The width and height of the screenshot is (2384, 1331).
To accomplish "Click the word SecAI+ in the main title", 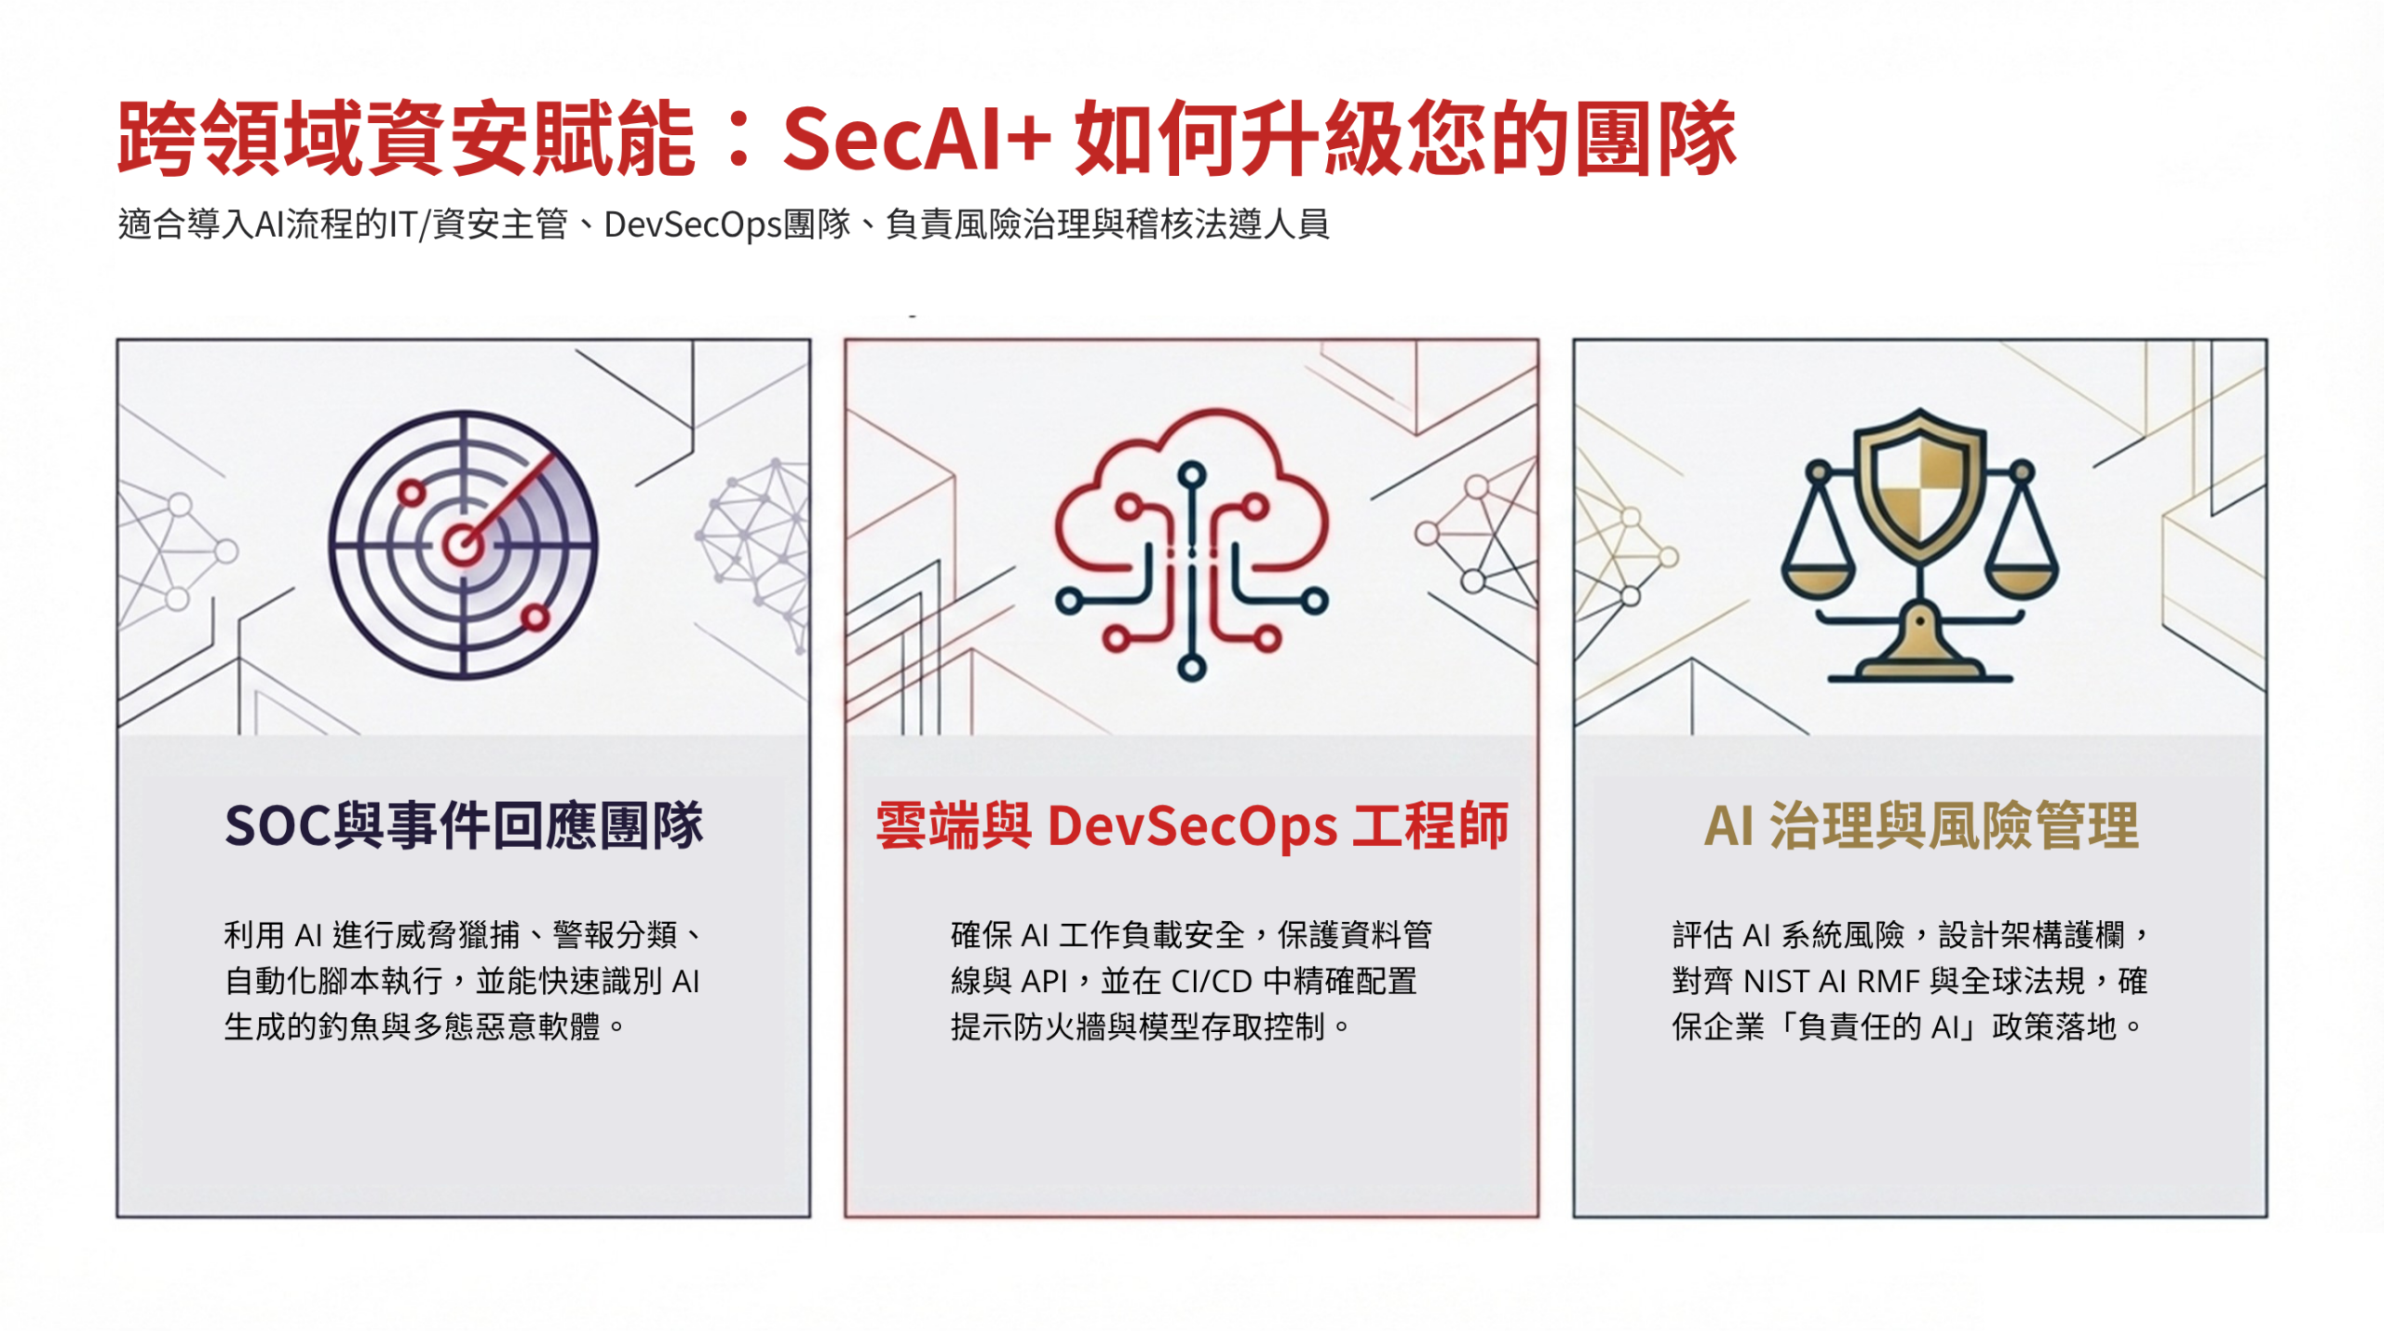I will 916,140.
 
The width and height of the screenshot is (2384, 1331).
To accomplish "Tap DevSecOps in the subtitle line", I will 692,224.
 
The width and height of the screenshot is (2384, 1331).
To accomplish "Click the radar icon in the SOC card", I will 463,545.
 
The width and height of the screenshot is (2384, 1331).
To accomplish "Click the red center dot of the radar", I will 461,544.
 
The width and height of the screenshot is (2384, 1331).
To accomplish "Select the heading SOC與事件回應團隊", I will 463,825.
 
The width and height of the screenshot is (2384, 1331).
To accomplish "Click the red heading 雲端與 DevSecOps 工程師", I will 1191,825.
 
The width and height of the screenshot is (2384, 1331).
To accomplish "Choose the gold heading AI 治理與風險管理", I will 1920,825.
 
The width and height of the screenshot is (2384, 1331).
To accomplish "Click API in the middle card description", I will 1044,982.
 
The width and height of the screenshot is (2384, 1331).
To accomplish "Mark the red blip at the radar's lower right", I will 535,617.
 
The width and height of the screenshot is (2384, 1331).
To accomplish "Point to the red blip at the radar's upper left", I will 411,492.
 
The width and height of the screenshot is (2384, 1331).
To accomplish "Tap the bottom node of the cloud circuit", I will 1191,667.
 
